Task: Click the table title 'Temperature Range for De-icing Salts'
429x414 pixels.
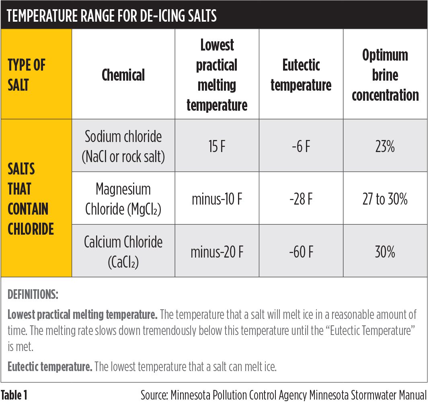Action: pyautogui.click(x=112, y=16)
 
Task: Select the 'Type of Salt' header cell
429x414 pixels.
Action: pyautogui.click(x=27, y=75)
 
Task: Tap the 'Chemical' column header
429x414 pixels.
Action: pyautogui.click(x=123, y=75)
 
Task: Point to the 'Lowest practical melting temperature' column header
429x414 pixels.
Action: pyautogui.click(x=217, y=75)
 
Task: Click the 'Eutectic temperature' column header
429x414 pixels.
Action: pyautogui.click(x=301, y=75)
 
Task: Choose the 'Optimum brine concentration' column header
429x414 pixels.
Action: pyautogui.click(x=385, y=75)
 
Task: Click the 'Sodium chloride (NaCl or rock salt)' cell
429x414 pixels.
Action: pyautogui.click(x=123, y=146)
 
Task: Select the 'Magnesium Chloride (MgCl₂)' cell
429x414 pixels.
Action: pyautogui.click(x=123, y=199)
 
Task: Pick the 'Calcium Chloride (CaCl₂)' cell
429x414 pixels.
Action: pyautogui.click(x=123, y=252)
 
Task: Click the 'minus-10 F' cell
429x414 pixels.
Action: pyautogui.click(x=217, y=199)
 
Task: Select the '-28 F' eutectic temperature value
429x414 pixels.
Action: pyautogui.click(x=301, y=199)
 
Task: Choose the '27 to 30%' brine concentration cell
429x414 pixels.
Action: pyautogui.click(x=385, y=199)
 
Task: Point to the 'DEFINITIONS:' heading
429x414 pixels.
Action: pyautogui.click(x=33, y=295)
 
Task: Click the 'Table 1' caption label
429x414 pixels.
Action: pyautogui.click(x=14, y=396)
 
